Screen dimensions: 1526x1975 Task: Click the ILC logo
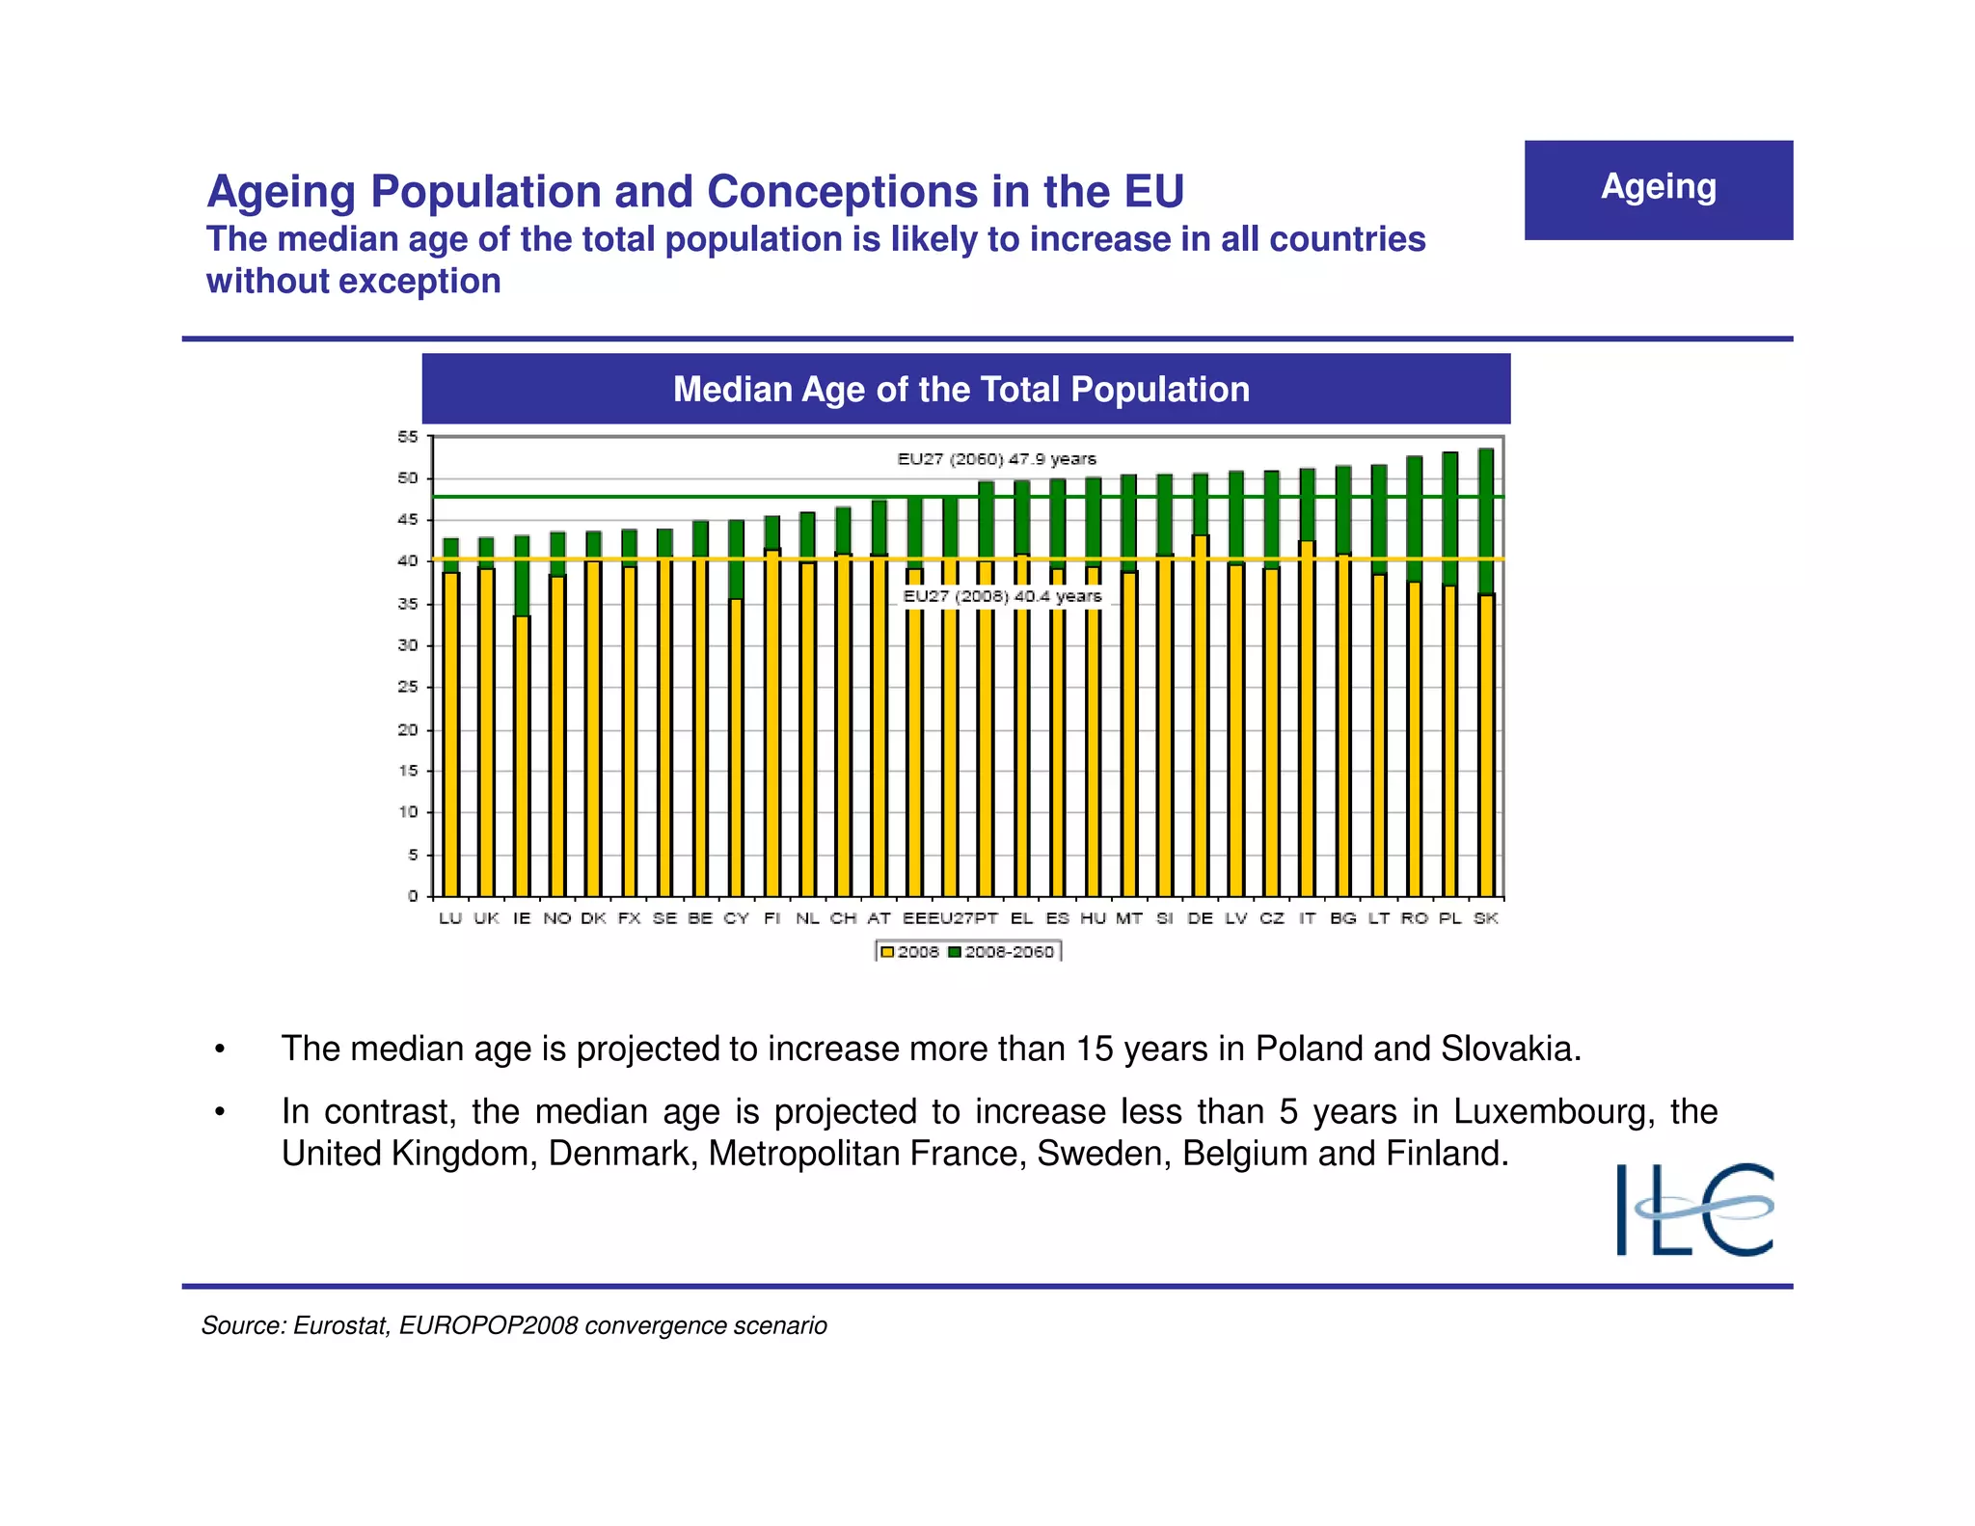click(1694, 1209)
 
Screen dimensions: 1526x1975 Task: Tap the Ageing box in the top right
click(1658, 190)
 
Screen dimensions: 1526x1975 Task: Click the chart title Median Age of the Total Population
click(960, 389)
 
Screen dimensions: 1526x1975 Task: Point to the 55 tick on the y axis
click(408, 437)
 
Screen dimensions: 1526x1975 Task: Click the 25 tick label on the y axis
click(408, 687)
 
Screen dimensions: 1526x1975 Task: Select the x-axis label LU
click(450, 918)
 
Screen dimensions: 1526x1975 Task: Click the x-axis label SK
click(1485, 918)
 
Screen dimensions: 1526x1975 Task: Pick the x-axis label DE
click(1200, 918)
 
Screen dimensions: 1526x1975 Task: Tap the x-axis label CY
click(736, 918)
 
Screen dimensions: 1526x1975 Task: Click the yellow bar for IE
click(522, 757)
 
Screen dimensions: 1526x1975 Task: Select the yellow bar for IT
click(1307, 719)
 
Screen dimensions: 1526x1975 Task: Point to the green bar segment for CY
click(736, 559)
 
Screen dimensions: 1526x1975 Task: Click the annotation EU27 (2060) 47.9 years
click(996, 459)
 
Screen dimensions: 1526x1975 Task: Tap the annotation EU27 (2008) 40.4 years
click(1002, 596)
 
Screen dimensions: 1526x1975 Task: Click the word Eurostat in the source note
click(340, 1325)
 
